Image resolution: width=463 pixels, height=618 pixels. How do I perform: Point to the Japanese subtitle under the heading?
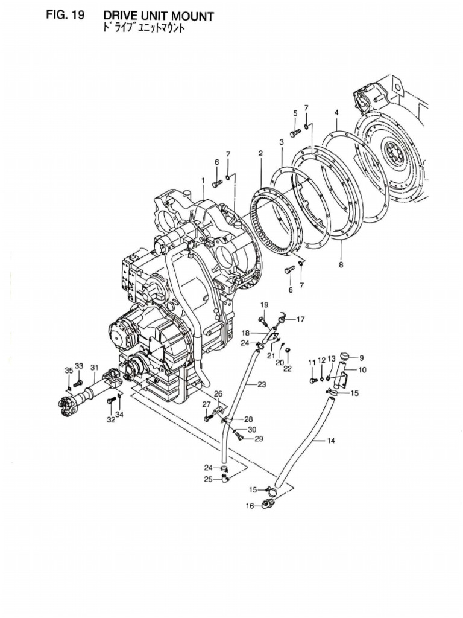pos(142,29)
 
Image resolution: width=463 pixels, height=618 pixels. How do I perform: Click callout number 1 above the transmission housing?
pos(203,180)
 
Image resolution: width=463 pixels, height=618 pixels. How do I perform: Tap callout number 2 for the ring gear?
pos(260,153)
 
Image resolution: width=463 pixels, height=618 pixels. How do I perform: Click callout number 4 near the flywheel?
pos(336,112)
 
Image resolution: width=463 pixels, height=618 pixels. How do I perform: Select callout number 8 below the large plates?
pos(341,265)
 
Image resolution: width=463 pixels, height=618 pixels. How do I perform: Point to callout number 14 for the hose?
pos(330,441)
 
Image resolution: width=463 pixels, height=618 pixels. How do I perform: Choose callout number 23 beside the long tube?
pos(261,384)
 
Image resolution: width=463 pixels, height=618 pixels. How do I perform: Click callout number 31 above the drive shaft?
pos(94,367)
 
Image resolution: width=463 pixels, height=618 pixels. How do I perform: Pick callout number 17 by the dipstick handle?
pos(300,319)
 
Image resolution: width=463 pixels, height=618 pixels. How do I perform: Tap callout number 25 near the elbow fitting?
pos(208,480)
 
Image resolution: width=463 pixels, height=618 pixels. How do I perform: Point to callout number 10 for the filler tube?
pos(362,369)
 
